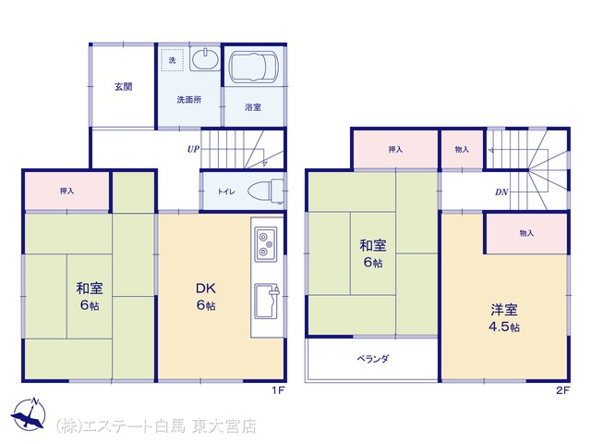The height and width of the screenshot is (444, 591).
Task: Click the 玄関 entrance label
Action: click(123, 86)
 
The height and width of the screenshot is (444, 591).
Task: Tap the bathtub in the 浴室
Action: click(254, 67)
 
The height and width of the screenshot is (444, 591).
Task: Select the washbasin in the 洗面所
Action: click(205, 58)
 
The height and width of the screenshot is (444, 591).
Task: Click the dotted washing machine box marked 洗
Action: click(173, 60)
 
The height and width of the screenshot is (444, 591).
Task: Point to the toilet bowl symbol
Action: click(266, 191)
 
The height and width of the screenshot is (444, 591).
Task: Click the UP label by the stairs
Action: click(193, 149)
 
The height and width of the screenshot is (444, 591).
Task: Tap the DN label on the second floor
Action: click(501, 192)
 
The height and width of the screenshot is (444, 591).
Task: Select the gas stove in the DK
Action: click(266, 244)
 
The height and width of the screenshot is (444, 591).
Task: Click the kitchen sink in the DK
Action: click(267, 301)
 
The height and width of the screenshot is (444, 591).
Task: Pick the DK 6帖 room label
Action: click(206, 297)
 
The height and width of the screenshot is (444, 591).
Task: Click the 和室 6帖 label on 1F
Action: click(90, 297)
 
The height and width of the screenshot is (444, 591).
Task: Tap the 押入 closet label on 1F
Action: click(66, 191)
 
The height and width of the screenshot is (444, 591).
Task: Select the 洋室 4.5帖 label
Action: click(504, 318)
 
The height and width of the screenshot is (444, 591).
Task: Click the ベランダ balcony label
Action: click(372, 359)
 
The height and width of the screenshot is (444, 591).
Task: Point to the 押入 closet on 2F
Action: click(395, 150)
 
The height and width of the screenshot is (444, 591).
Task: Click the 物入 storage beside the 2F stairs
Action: click(462, 150)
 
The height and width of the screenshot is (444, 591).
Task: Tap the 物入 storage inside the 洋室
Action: click(526, 233)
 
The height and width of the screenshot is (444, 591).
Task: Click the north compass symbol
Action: click(29, 413)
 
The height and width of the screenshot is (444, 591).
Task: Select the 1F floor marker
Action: click(278, 390)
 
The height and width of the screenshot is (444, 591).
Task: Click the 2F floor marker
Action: click(562, 390)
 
